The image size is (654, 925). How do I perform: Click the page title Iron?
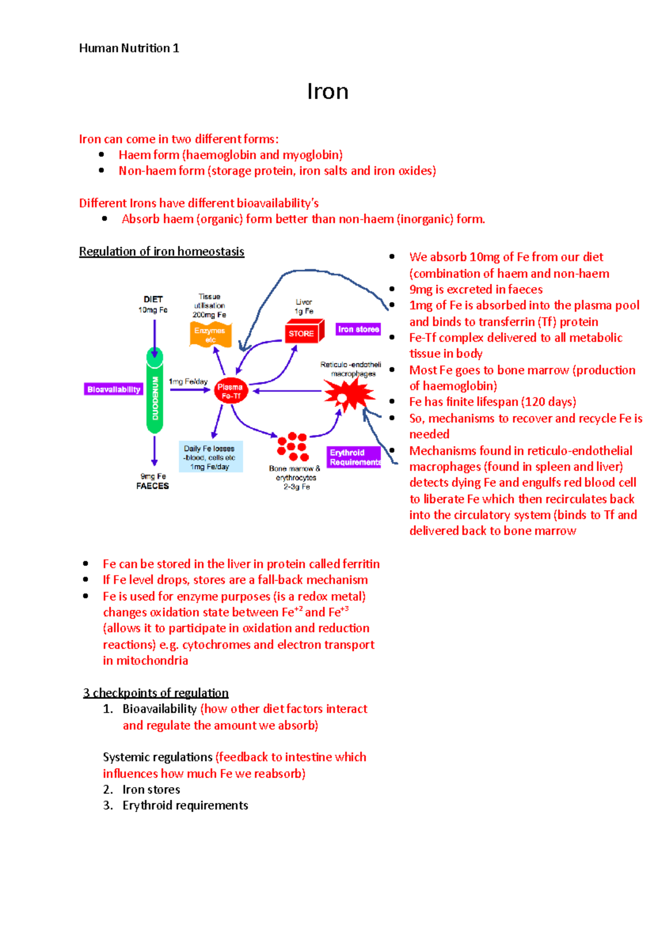point(328,92)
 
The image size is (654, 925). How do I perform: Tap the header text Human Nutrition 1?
point(129,48)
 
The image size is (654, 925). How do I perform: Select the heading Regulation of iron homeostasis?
point(161,252)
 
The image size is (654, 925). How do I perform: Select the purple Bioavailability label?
point(114,390)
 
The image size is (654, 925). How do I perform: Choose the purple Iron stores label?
point(358,330)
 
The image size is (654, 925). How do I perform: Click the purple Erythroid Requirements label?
point(354,458)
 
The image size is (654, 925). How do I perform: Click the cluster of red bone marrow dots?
point(293,447)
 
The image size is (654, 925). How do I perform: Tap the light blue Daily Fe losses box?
point(210,457)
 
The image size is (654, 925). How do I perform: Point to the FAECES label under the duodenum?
point(153,486)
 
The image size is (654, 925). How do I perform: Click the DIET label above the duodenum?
point(153,299)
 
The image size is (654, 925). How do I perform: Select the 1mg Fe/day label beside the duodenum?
point(188,382)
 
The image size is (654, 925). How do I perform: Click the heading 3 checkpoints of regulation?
point(156,693)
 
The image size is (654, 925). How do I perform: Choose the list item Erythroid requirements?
point(185,806)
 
